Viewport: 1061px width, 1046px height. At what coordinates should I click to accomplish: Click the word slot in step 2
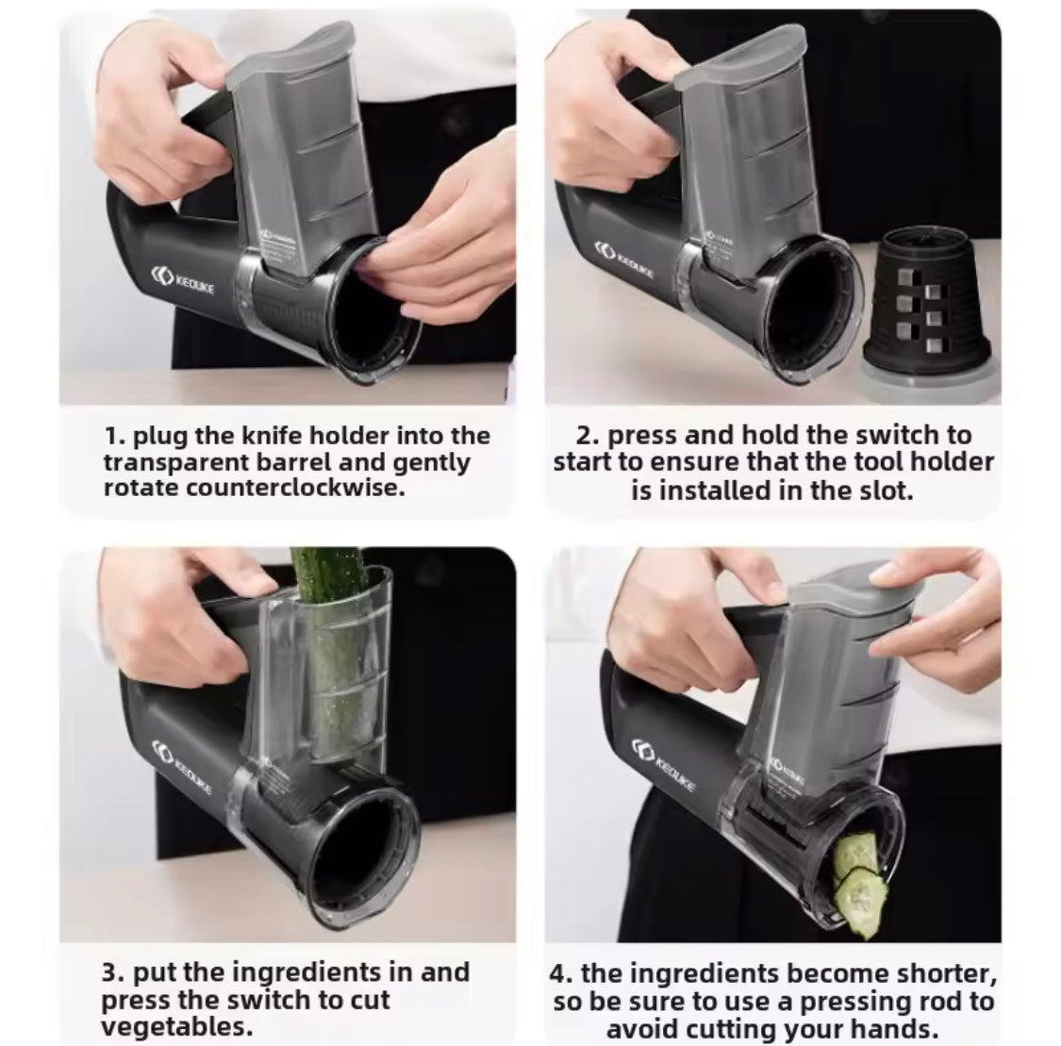click(x=888, y=490)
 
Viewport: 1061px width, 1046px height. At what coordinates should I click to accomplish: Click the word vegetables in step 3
click(x=176, y=1027)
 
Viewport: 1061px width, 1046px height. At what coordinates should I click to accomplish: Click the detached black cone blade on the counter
click(x=931, y=307)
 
